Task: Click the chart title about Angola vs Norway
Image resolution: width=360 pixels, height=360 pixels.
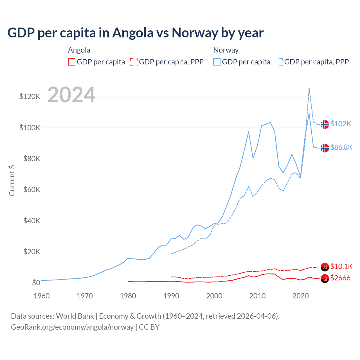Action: click(135, 33)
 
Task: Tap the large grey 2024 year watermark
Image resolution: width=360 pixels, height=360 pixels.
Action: click(71, 95)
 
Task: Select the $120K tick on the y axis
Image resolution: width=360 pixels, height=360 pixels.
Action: click(30, 97)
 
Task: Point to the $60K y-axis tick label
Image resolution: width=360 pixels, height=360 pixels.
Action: click(32, 190)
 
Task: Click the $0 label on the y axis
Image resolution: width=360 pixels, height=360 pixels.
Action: click(36, 283)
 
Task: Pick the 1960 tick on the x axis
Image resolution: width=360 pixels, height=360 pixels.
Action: click(42, 296)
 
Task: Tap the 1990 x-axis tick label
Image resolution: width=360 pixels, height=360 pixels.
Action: click(171, 296)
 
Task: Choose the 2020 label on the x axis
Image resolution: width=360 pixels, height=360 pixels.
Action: click(301, 296)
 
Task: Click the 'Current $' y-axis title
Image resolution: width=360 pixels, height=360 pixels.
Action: click(12, 180)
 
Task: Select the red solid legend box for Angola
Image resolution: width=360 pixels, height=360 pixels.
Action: click(72, 62)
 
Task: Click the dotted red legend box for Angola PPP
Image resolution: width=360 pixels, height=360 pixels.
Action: click(134, 62)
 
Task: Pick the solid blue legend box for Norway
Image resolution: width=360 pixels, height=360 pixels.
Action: click(217, 62)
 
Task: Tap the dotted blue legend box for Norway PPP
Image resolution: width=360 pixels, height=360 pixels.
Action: click(279, 62)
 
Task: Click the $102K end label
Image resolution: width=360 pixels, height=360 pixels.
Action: click(341, 124)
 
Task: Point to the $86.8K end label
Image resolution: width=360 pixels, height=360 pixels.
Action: click(341, 147)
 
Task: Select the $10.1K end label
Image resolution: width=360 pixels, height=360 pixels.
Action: click(341, 266)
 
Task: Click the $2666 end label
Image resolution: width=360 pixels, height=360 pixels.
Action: click(340, 278)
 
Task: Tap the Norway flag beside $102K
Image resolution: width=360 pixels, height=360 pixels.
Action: click(325, 124)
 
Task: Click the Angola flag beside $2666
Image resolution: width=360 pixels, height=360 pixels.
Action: click(325, 278)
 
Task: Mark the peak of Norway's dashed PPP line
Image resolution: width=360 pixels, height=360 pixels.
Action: click(309, 88)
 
